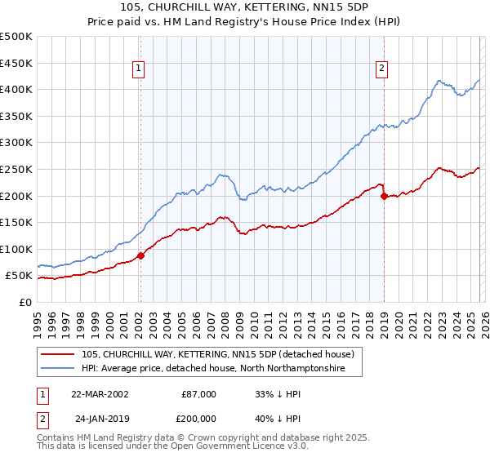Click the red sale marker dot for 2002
pyautogui.click(x=140, y=255)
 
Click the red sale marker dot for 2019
pyautogui.click(x=383, y=196)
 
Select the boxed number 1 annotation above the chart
pyautogui.click(x=140, y=69)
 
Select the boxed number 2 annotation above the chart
pyautogui.click(x=382, y=69)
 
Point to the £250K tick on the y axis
pyautogui.click(x=16, y=169)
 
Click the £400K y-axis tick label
pyautogui.click(x=16, y=89)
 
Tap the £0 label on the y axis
pyautogui.click(x=24, y=302)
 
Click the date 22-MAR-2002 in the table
pyautogui.click(x=100, y=394)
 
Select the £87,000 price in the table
pyautogui.click(x=198, y=394)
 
